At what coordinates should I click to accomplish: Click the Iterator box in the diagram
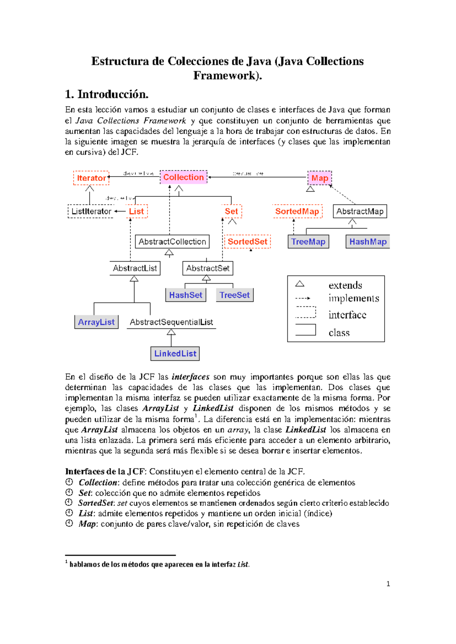point(91,178)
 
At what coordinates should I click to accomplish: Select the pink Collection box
point(184,177)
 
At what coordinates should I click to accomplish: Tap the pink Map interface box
point(320,178)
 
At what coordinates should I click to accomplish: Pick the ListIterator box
point(91,212)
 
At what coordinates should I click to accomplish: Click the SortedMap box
point(297,212)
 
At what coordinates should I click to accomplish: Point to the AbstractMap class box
point(360,212)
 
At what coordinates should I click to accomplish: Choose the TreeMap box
point(308,242)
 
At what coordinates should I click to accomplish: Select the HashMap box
point(367,242)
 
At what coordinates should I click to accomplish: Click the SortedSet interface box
point(247,242)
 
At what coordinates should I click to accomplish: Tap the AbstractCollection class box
point(172,242)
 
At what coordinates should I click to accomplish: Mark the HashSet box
point(186,295)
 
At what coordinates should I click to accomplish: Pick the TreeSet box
point(234,295)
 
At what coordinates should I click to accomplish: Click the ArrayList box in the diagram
point(96,322)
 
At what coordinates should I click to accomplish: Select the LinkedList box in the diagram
point(175,354)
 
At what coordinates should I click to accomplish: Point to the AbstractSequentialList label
point(171,322)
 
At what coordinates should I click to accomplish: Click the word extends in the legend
point(345,286)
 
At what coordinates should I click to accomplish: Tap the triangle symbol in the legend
point(300,284)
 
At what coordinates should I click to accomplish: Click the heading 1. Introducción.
point(107,94)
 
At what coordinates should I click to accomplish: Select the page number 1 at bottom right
point(388,584)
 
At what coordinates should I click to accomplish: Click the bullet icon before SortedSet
point(69,503)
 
